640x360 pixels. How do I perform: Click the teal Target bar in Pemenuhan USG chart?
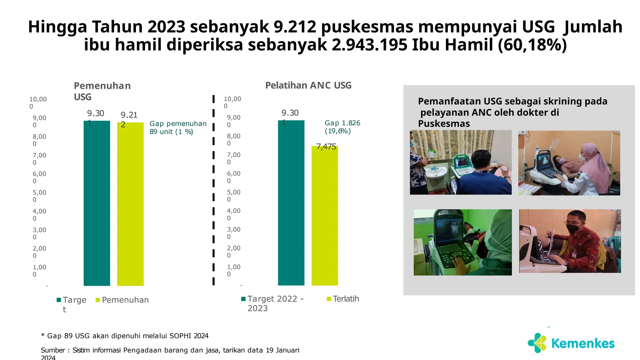[x=97, y=203]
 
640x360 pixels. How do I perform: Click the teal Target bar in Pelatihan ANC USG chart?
[x=291, y=203]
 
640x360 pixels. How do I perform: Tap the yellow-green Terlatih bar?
[x=325, y=216]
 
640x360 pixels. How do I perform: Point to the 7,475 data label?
[x=326, y=147]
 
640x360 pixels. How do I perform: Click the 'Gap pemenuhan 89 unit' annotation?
[x=178, y=127]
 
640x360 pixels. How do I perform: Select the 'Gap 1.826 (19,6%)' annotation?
[x=342, y=127]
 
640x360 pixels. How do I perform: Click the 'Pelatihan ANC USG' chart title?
[x=308, y=85]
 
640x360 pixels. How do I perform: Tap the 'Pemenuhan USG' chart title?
[x=102, y=91]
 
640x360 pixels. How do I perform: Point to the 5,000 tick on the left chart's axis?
[x=39, y=196]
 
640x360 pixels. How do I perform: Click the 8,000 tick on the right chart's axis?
[x=233, y=139]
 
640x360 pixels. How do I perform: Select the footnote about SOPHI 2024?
[x=125, y=336]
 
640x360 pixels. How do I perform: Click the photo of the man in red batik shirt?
[x=570, y=241]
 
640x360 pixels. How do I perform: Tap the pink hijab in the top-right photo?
[x=595, y=162]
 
